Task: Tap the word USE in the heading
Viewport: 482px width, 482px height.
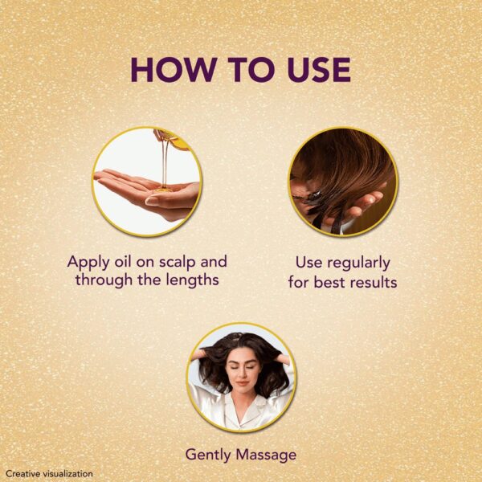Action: [x=313, y=70]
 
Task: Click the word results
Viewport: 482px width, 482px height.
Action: [x=369, y=282]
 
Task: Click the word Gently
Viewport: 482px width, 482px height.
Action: [x=208, y=454]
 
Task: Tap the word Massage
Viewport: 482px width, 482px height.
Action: [x=266, y=455]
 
